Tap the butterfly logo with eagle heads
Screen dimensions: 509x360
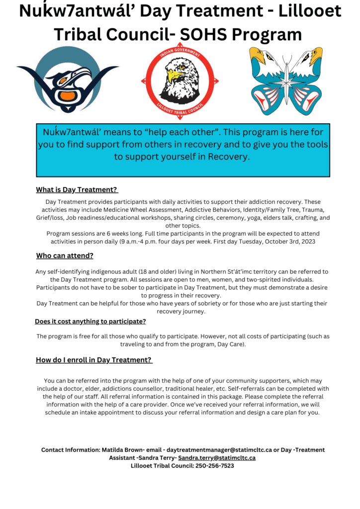click(286, 81)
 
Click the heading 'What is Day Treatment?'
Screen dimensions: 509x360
click(77, 190)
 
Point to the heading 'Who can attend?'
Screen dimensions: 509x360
click(65, 256)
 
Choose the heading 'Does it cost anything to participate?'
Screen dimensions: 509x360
click(90, 322)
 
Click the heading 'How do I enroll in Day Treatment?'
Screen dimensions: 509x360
click(93, 360)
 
